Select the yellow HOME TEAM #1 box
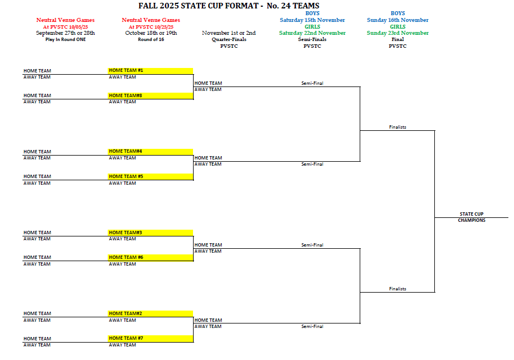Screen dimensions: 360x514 point(150,71)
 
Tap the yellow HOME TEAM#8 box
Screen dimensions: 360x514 point(150,95)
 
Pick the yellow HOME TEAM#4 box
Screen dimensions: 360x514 point(150,152)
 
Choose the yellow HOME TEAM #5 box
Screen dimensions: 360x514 point(150,176)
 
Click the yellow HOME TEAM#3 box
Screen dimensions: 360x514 point(150,233)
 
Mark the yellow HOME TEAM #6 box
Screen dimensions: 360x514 point(150,257)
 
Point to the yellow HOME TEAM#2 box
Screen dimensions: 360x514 point(150,313)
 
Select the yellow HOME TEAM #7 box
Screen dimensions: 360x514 point(150,338)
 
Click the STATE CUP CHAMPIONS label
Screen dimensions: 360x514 point(471,217)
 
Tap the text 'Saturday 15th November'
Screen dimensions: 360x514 point(313,20)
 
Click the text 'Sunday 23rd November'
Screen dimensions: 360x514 point(398,33)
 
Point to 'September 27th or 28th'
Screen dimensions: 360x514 point(66,33)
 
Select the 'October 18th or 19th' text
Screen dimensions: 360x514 point(151,33)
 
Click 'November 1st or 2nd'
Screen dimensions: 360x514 point(229,33)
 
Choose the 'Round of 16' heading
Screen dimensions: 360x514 point(151,39)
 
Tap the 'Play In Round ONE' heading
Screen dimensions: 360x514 point(66,39)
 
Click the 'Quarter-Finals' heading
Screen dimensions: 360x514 point(229,39)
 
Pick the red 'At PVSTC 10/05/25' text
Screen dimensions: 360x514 point(66,26)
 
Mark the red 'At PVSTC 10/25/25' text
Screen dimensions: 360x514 point(151,26)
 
